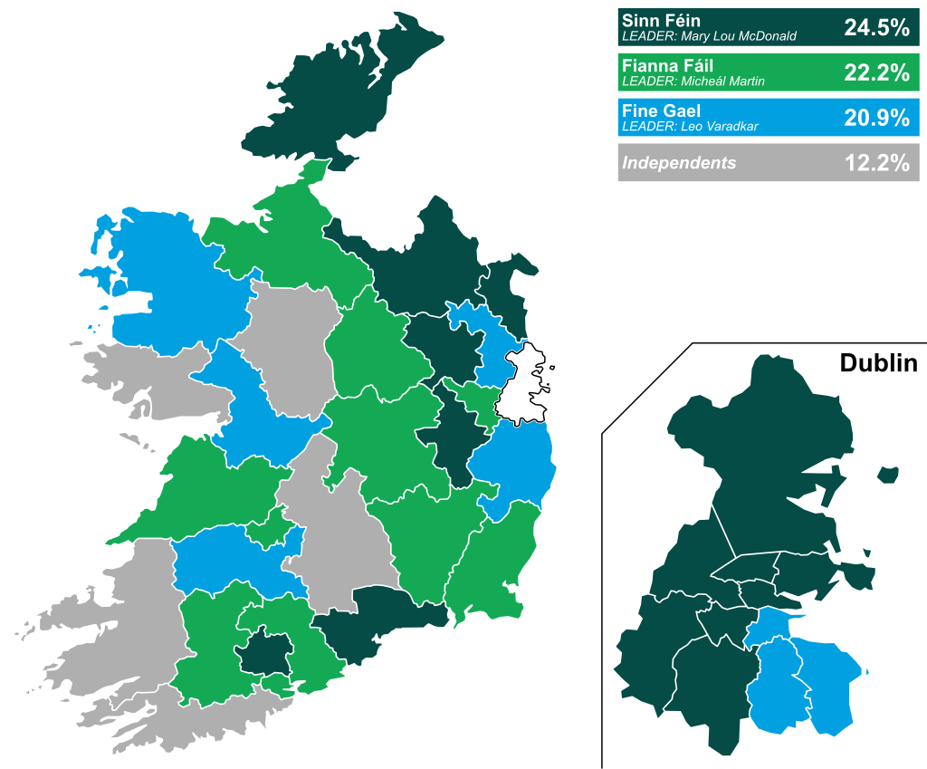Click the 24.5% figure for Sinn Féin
pos(875,27)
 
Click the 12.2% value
pos(875,163)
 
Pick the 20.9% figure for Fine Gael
pos(875,118)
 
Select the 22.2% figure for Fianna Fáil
pos(875,72)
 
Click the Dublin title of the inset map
pos(877,364)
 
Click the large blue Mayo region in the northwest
pos(163,281)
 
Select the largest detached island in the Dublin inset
pos(888,474)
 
